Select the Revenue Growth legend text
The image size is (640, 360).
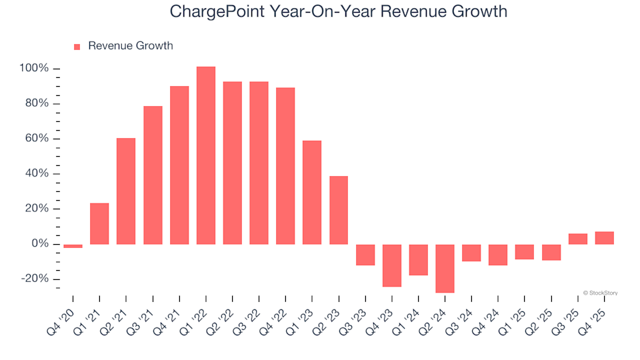[x=130, y=46]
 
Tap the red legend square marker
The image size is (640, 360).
[x=77, y=47]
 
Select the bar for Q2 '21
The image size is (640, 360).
[x=126, y=191]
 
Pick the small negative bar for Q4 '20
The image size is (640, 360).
[x=73, y=246]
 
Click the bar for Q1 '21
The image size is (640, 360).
[x=99, y=223]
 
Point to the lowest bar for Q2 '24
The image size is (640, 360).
[x=445, y=268]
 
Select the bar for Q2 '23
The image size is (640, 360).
[x=339, y=210]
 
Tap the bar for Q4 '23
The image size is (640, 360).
[x=392, y=265]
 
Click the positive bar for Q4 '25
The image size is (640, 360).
[x=604, y=238]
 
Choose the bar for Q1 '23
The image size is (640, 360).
[x=312, y=192]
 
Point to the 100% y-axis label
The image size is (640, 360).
[x=34, y=69]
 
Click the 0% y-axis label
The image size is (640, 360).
[x=39, y=244]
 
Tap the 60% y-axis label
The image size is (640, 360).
[x=37, y=139]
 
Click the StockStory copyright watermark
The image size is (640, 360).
[x=600, y=292]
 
